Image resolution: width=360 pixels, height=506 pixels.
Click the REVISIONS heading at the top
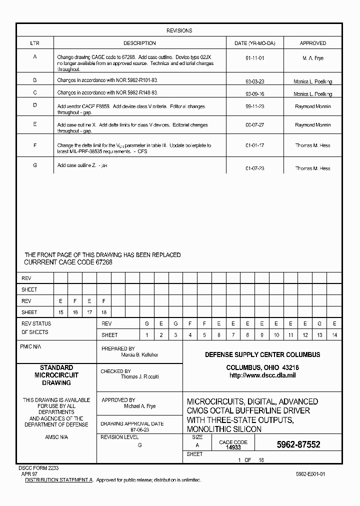pyautogui.click(x=179, y=30)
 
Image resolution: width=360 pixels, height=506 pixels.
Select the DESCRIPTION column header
pyautogui.click(x=139, y=43)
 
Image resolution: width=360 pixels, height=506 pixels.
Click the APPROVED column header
pyautogui.click(x=312, y=43)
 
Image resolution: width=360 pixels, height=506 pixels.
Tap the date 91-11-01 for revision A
pyautogui.click(x=254, y=58)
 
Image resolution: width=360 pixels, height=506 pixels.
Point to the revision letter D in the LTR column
pyautogui.click(x=35, y=105)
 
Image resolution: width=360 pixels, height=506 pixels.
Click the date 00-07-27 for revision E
pyautogui.click(x=254, y=125)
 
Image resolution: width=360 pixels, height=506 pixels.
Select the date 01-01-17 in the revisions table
pyautogui.click(x=254, y=146)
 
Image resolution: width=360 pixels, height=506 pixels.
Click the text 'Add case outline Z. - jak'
pyautogui.click(x=82, y=165)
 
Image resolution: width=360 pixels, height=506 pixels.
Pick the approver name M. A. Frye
pyautogui.click(x=312, y=58)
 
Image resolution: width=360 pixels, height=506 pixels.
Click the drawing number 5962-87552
pyautogui.click(x=298, y=444)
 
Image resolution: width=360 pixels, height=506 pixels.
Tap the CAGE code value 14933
pyautogui.click(x=233, y=447)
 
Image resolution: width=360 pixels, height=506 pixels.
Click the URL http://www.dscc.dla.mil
pyautogui.click(x=262, y=375)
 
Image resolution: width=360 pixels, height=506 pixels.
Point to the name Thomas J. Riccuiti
pyautogui.click(x=139, y=376)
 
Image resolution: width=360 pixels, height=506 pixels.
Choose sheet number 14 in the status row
pyautogui.click(x=334, y=335)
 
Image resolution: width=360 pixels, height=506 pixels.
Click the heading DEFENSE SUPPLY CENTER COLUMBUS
pyautogui.click(x=262, y=354)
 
